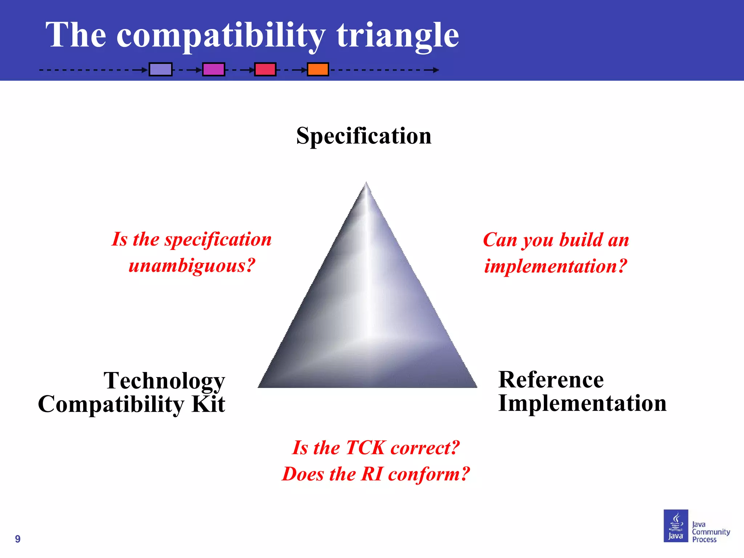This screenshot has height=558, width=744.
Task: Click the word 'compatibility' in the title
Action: pyautogui.click(x=221, y=35)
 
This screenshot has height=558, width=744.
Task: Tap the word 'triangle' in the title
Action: pyautogui.click(x=397, y=35)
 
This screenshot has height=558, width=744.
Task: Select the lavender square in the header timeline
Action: pyautogui.click(x=161, y=69)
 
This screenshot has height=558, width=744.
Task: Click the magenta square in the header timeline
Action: pyautogui.click(x=214, y=69)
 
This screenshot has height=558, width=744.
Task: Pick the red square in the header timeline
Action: pyautogui.click(x=265, y=69)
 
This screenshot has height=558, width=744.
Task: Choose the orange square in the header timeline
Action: pyautogui.click(x=318, y=69)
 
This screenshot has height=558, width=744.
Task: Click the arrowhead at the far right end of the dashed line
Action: pyautogui.click(x=436, y=70)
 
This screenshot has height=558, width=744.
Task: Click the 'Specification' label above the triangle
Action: pyautogui.click(x=364, y=136)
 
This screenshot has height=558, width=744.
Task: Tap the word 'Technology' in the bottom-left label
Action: pyautogui.click(x=164, y=381)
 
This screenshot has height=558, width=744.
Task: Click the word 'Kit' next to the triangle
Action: pyautogui.click(x=209, y=404)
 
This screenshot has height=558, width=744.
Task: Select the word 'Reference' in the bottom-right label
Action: pyautogui.click(x=551, y=380)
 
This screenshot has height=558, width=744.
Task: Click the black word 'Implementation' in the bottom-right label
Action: pyautogui.click(x=582, y=403)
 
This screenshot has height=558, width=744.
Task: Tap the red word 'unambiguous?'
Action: pyautogui.click(x=192, y=266)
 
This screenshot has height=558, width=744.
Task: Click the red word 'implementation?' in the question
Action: pyautogui.click(x=556, y=266)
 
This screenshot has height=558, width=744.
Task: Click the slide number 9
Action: pyautogui.click(x=18, y=539)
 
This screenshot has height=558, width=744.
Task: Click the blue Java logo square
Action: pyautogui.click(x=676, y=526)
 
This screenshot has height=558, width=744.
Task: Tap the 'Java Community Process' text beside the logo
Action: pyautogui.click(x=710, y=532)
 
